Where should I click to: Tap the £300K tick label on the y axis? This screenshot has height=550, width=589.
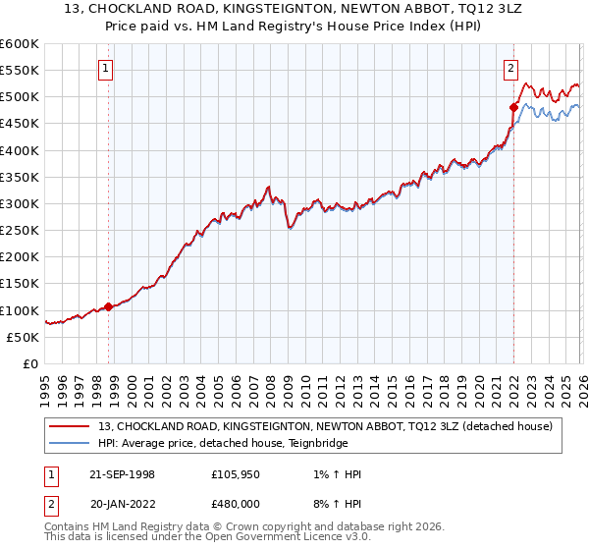[x=20, y=203]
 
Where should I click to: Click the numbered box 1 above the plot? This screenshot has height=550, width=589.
[x=105, y=69]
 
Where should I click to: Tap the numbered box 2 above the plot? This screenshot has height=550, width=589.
[x=511, y=69]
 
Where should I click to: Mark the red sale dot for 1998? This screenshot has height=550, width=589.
[x=108, y=306]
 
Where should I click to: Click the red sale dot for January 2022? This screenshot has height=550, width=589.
[x=512, y=107]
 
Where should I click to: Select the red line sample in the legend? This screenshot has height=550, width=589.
[x=70, y=426]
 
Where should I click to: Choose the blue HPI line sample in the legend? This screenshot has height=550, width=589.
[x=70, y=443]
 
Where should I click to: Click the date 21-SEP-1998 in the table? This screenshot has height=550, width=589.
[x=122, y=474]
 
